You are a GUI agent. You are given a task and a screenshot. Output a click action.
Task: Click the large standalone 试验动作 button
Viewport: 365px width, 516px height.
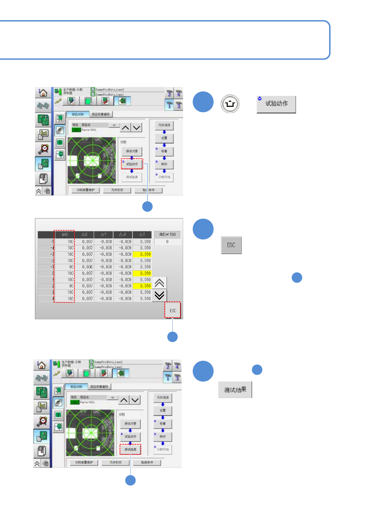(x=276, y=104)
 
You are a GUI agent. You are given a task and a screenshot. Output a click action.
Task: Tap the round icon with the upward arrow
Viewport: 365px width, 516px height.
(x=230, y=104)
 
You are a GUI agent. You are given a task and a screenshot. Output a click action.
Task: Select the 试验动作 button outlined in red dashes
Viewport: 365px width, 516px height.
(x=132, y=164)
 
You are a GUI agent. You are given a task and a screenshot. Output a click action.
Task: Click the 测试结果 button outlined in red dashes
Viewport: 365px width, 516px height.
(x=130, y=450)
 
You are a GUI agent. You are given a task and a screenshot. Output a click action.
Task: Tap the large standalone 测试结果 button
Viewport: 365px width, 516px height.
(x=235, y=390)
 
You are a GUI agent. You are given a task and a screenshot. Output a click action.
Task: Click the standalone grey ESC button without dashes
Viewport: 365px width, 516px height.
(x=231, y=245)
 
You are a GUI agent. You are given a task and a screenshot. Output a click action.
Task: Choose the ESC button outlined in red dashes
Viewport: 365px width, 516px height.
(x=173, y=310)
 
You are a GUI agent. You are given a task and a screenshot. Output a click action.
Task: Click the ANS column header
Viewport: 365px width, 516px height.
(x=65, y=234)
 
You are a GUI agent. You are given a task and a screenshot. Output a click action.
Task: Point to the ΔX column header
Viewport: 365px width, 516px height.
(x=84, y=234)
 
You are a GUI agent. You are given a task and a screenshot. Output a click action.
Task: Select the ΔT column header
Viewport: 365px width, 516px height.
(x=142, y=234)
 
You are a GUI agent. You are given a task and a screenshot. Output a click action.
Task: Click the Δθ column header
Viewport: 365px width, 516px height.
(x=123, y=234)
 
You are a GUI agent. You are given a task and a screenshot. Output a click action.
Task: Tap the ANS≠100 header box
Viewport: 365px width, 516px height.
(x=167, y=234)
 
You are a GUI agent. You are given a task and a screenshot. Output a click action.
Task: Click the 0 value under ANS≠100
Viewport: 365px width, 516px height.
(x=167, y=242)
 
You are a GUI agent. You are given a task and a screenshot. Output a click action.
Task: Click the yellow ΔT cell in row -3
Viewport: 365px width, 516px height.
(x=142, y=254)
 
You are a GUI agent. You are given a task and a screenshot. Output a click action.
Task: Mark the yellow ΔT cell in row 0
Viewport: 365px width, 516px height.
(x=142, y=273)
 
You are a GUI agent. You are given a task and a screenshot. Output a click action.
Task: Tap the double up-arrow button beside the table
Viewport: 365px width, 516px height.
(x=159, y=283)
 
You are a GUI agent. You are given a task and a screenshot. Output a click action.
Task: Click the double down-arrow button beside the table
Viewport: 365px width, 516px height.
(x=159, y=295)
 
